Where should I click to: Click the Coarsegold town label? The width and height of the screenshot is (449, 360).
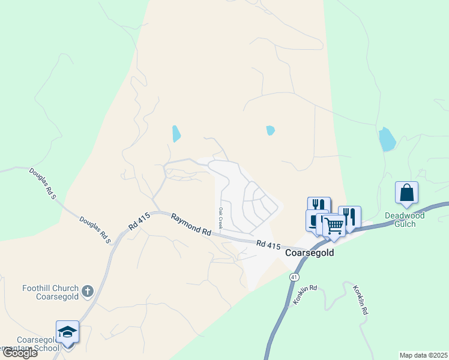pyautogui.click(x=309, y=253)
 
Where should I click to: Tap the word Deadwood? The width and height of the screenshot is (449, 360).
pyautogui.click(x=405, y=215)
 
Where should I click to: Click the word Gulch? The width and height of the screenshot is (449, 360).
pyautogui.click(x=405, y=224)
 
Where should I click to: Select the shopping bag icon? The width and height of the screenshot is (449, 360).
pyautogui.click(x=406, y=193)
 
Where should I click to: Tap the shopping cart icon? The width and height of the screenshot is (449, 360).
pyautogui.click(x=334, y=227)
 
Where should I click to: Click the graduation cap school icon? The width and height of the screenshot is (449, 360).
pyautogui.click(x=67, y=332)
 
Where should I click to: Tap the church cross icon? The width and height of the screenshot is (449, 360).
pyautogui.click(x=88, y=292)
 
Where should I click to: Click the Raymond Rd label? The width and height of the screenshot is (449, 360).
pyautogui.click(x=191, y=224)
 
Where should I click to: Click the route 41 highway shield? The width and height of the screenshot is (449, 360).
pyautogui.click(x=294, y=277)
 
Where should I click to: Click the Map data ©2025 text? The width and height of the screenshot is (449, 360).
pyautogui.click(x=423, y=355)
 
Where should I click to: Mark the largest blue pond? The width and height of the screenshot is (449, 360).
pyautogui.click(x=387, y=139)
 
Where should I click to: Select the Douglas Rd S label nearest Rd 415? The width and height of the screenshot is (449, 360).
pyautogui.click(x=95, y=230)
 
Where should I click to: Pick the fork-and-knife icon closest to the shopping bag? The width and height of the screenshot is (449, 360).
pyautogui.click(x=349, y=215)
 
